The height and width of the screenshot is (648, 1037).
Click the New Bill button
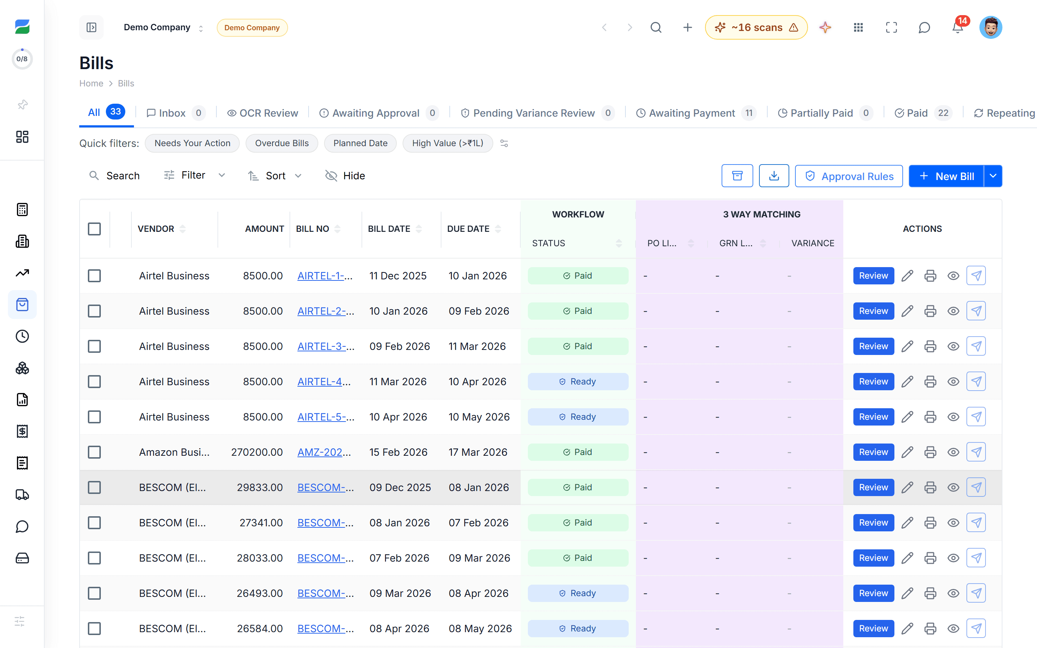click(x=946, y=176)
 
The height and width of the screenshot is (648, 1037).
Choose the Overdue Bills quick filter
click(x=282, y=143)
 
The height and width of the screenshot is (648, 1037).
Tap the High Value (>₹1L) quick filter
click(x=447, y=143)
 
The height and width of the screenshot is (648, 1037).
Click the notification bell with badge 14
click(x=958, y=27)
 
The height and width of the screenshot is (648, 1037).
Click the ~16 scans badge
click(x=756, y=27)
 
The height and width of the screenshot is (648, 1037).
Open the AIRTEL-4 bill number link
click(x=324, y=382)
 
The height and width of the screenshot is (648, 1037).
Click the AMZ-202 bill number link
click(x=324, y=452)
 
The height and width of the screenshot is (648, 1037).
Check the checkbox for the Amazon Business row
click(x=94, y=452)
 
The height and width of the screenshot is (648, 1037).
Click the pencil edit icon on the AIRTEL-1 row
click(x=907, y=275)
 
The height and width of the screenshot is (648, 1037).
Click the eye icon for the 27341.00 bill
click(x=953, y=523)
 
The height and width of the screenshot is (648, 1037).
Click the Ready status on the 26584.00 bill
click(x=578, y=628)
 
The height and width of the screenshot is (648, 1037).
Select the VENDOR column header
click(x=156, y=229)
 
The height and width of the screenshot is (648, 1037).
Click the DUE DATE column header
click(x=468, y=229)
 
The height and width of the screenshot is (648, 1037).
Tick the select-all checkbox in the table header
click(x=94, y=229)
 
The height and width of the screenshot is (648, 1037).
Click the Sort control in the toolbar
click(x=275, y=176)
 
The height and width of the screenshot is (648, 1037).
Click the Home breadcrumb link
click(x=91, y=83)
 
